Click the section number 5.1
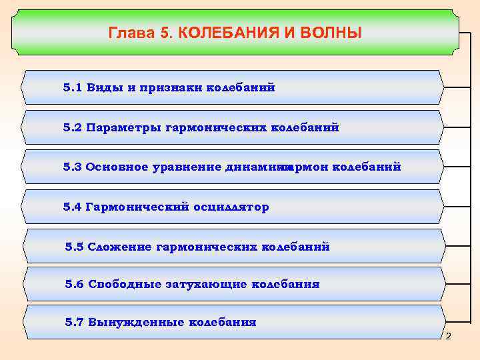click(x=72, y=88)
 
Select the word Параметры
click(x=123, y=127)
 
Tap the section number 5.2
click(x=72, y=127)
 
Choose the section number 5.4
click(x=72, y=207)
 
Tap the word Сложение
click(x=120, y=247)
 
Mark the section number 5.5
click(x=75, y=247)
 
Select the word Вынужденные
click(x=135, y=322)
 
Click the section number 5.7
click(x=75, y=322)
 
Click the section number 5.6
click(x=75, y=284)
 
